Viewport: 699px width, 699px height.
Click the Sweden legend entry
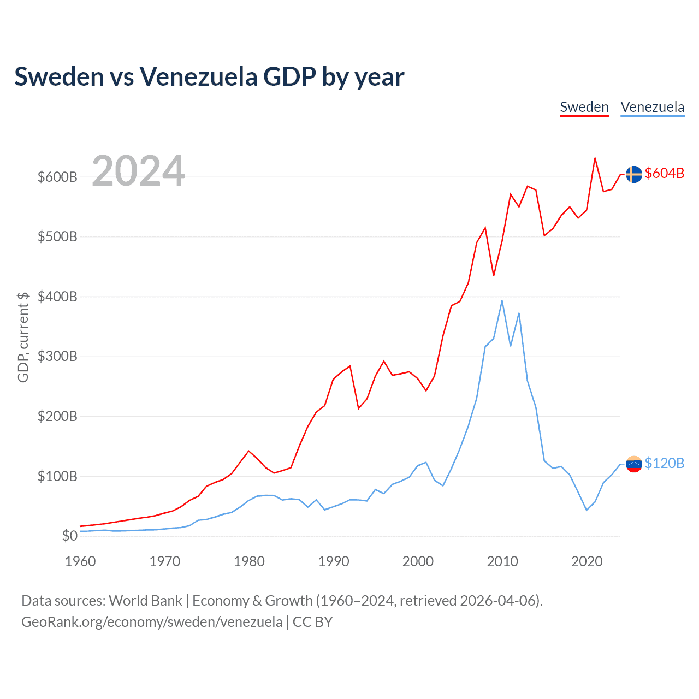pyautogui.click(x=584, y=107)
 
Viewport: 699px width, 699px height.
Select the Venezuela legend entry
pyautogui.click(x=652, y=107)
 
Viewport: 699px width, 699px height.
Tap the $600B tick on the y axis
pyautogui.click(x=57, y=177)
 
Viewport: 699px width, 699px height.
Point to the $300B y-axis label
pyautogui.click(x=57, y=357)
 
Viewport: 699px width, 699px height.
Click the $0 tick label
pyautogui.click(x=69, y=536)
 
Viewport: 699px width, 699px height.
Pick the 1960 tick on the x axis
pyautogui.click(x=80, y=561)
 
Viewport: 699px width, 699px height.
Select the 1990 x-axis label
pyautogui.click(x=334, y=561)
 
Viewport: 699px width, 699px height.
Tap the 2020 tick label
pyautogui.click(x=587, y=561)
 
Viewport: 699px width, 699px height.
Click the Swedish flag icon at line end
pyautogui.click(x=633, y=174)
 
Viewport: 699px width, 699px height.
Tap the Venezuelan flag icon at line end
pyautogui.click(x=633, y=464)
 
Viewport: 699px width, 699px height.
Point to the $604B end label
pyautogui.click(x=664, y=174)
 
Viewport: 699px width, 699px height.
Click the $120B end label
pyautogui.click(x=664, y=464)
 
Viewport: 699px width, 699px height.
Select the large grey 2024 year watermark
pyautogui.click(x=138, y=171)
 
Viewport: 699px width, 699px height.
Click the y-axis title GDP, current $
pyautogui.click(x=23, y=337)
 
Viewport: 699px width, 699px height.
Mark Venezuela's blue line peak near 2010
pyautogui.click(x=502, y=301)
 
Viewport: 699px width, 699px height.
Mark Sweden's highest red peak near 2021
pyautogui.click(x=595, y=158)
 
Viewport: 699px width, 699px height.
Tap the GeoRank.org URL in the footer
pyautogui.click(x=152, y=622)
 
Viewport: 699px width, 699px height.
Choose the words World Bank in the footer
pyautogui.click(x=145, y=601)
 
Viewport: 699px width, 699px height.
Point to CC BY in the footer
pyautogui.click(x=312, y=622)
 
